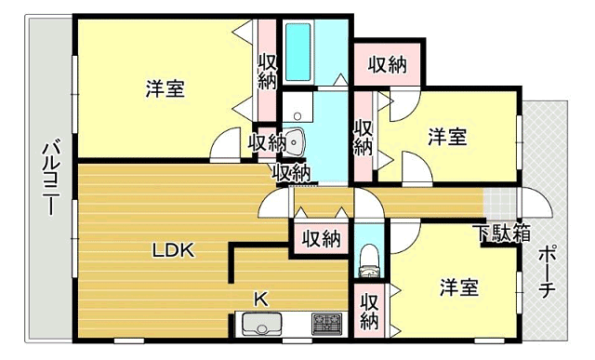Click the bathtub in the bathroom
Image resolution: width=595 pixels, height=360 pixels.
(297, 52)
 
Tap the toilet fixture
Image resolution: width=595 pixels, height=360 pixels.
(368, 261)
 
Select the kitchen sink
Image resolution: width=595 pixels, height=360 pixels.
(262, 324)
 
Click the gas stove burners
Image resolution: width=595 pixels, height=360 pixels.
(326, 324)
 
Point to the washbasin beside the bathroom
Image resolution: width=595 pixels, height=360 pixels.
(294, 142)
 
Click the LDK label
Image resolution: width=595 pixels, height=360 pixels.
(174, 250)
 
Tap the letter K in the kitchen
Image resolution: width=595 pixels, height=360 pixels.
(261, 299)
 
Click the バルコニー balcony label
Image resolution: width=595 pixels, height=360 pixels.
(52, 179)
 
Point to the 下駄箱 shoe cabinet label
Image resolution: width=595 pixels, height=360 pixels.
(503, 233)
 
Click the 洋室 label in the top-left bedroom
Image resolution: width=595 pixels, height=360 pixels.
(165, 88)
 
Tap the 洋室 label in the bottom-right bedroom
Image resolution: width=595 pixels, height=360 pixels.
(459, 287)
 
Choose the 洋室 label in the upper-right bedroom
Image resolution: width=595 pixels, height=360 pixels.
(447, 137)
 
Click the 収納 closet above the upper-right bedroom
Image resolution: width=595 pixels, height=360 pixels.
(387, 64)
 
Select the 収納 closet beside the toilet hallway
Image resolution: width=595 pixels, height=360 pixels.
(321, 239)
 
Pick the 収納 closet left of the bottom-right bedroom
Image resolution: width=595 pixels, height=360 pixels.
(369, 311)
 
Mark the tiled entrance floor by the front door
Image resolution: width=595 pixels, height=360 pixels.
(500, 204)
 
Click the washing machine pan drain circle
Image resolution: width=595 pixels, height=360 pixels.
(297, 116)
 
